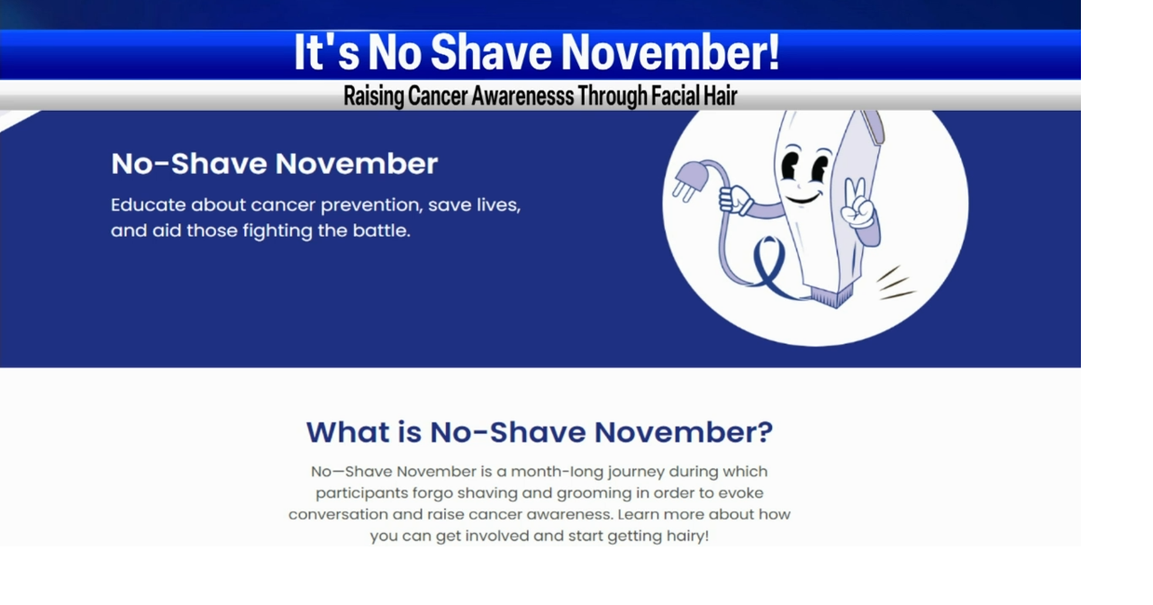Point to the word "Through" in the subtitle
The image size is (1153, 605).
coord(613,95)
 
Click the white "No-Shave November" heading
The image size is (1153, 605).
coord(274,164)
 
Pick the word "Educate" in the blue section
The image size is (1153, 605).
coord(148,205)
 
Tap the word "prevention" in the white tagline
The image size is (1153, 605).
coord(369,205)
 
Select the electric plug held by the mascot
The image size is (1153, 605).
coord(686,180)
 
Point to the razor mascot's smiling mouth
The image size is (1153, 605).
coord(803,195)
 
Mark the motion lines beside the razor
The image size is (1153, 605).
coord(895,283)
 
